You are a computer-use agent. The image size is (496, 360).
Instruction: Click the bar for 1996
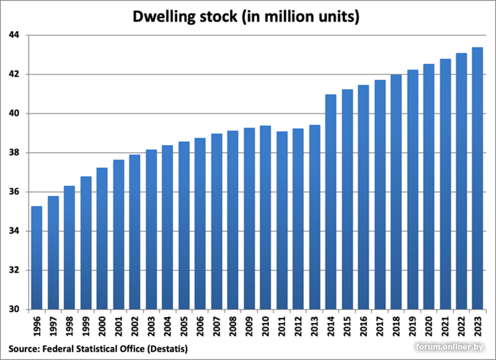[x=37, y=258]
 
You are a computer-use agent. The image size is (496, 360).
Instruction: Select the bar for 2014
[x=331, y=202]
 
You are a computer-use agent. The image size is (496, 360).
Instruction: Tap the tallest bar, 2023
[x=477, y=178]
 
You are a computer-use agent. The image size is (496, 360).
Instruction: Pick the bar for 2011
[x=282, y=221]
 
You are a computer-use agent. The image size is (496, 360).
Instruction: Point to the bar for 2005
[x=184, y=226]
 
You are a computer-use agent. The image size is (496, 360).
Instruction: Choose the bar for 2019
[x=412, y=190]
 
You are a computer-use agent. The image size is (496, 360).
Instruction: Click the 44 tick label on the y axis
[x=14, y=35]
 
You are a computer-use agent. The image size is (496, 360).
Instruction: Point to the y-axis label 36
[x=14, y=192]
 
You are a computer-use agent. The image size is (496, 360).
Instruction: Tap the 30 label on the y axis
[x=14, y=309]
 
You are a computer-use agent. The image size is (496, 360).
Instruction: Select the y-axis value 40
[x=14, y=113]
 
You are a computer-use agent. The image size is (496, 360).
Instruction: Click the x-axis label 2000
[x=102, y=327]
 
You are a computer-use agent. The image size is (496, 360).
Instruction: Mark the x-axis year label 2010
[x=265, y=327]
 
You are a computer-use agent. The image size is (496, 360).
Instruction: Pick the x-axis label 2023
[x=477, y=327]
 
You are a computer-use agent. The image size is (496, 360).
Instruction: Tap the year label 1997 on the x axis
[x=53, y=327]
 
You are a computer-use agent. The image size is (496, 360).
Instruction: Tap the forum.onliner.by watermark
[x=450, y=347]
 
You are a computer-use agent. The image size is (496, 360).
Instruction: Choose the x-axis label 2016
[x=363, y=327]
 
